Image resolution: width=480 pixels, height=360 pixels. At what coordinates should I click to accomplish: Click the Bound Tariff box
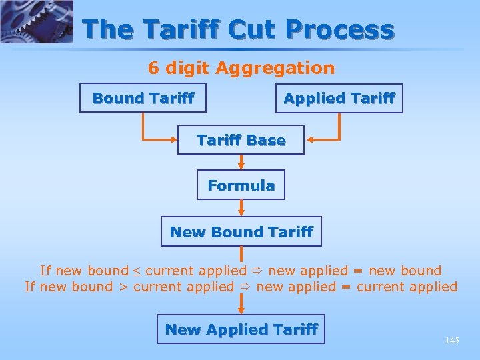click(143, 98)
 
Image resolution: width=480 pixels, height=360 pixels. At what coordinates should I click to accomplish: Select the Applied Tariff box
click(339, 98)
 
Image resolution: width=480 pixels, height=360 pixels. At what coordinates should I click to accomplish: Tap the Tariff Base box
click(241, 140)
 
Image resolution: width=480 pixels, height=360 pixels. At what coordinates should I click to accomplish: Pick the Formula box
click(241, 185)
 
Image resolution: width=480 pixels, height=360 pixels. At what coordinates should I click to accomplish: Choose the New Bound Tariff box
click(241, 231)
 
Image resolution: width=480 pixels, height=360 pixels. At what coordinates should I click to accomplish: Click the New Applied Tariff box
click(241, 329)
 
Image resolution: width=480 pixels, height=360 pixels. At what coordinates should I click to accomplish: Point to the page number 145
click(452, 341)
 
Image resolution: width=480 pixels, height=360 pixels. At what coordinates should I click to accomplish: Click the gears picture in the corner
click(36, 21)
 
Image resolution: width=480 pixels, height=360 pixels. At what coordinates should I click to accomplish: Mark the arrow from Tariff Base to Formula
click(241, 162)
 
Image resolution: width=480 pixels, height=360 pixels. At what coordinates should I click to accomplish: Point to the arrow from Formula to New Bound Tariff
click(241, 208)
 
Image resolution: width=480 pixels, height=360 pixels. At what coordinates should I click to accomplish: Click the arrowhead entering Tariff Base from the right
click(310, 140)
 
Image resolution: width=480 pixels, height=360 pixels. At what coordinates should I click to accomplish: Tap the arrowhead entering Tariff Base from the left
click(172, 140)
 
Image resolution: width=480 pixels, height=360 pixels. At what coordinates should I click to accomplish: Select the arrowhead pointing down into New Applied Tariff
click(241, 309)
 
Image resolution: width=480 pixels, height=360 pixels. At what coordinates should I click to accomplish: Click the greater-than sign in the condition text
click(123, 287)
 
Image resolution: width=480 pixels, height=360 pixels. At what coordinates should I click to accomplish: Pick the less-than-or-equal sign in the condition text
click(136, 271)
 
